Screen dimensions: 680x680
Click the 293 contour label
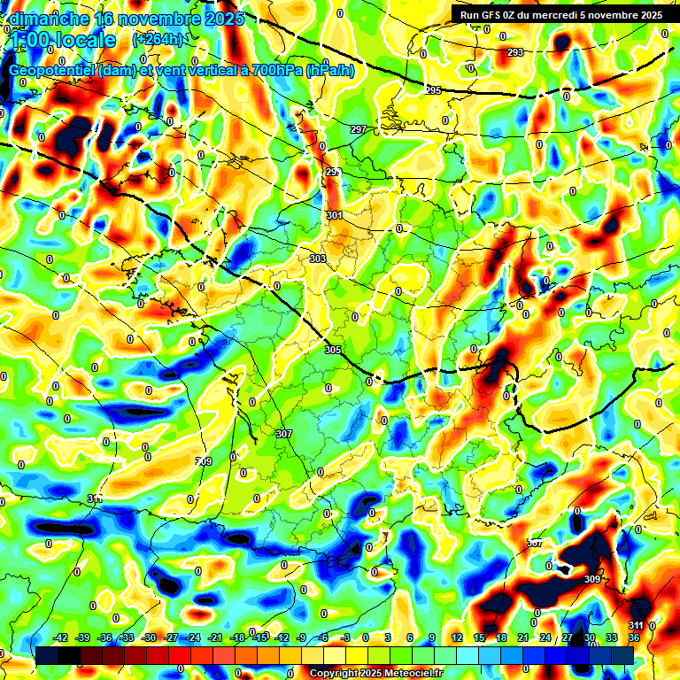[x=515, y=53]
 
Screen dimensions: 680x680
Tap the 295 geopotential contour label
[x=433, y=91]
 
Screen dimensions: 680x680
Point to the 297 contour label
[x=358, y=130]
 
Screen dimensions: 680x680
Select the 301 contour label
[x=334, y=215]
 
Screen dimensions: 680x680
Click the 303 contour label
[x=319, y=259]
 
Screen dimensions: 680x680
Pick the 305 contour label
[x=333, y=351]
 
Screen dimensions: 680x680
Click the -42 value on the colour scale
[x=61, y=637]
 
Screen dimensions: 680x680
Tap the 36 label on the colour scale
[x=634, y=637]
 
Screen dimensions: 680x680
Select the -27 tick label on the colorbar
[x=171, y=637]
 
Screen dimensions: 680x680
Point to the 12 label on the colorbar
[x=457, y=637]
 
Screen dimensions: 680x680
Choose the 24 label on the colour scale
[x=545, y=637]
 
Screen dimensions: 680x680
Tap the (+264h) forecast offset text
[x=158, y=40]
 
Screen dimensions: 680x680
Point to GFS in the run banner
[x=498, y=15]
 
